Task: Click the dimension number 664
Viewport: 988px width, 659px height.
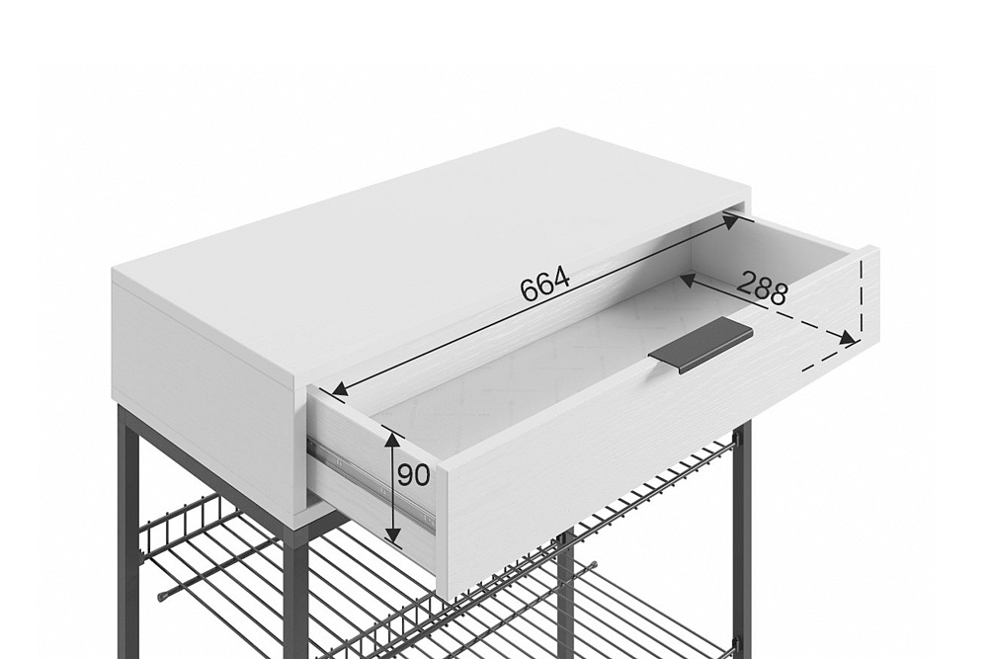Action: (545, 285)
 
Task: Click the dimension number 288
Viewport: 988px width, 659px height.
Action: (763, 288)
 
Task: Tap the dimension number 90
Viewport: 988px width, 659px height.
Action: (413, 475)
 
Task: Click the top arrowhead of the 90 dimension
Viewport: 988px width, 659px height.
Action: (392, 438)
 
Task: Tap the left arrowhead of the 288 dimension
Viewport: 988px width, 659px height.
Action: (689, 281)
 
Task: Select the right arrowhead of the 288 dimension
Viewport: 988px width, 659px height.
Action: (847, 338)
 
